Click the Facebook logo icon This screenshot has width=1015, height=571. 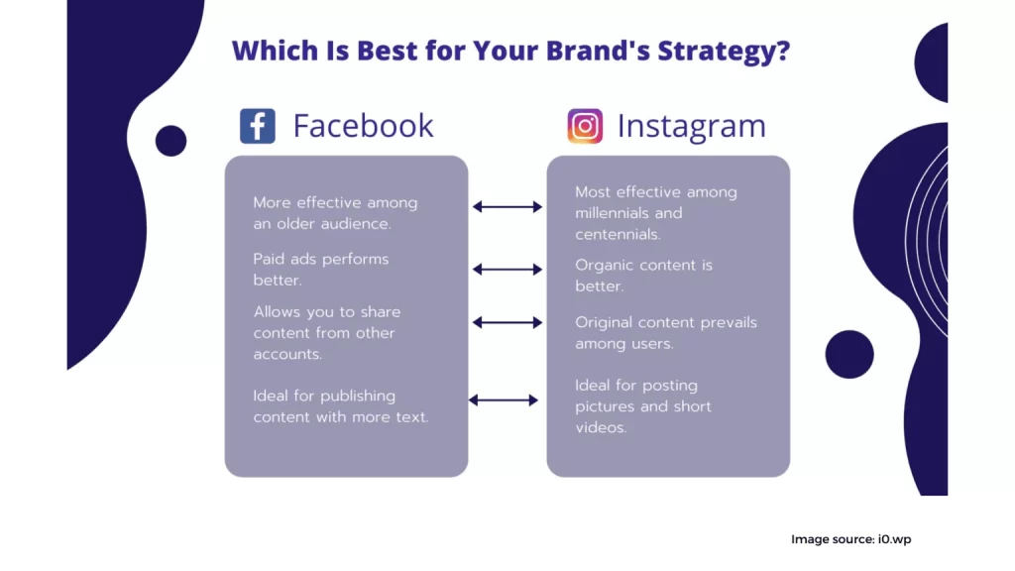pos(258,126)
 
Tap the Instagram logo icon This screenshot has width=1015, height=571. pos(585,126)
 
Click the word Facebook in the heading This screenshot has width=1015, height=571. pos(363,126)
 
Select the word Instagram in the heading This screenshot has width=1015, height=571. pos(691,126)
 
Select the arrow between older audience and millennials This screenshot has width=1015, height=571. pos(507,207)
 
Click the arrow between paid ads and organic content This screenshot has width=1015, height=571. pos(507,270)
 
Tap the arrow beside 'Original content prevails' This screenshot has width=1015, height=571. pos(507,322)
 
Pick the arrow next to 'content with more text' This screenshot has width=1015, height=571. pos(504,400)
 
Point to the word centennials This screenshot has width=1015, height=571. pos(619,234)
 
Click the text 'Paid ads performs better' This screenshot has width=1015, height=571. pos(321,270)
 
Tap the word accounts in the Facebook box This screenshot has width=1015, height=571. pos(287,354)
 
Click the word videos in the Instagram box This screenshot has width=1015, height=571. pos(601,427)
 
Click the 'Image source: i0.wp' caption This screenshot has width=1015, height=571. pos(851,539)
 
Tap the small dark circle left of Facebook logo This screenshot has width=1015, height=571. pos(170,141)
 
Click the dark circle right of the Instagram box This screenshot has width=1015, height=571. pos(849,354)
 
